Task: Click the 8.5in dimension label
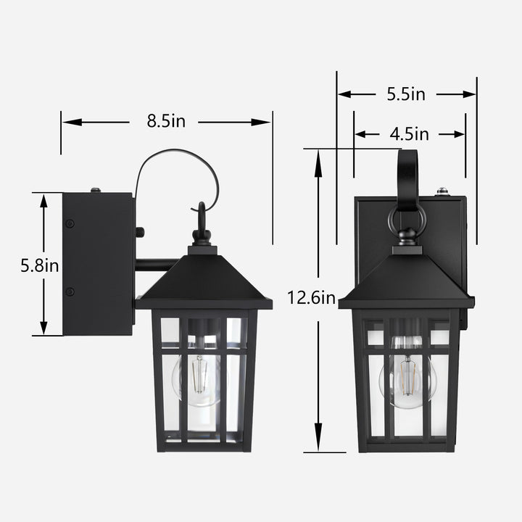(x=166, y=122)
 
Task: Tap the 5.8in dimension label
(x=39, y=266)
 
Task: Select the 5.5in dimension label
(x=405, y=94)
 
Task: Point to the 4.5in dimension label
(x=409, y=134)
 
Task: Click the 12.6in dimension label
(x=311, y=297)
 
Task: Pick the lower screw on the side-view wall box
(x=70, y=291)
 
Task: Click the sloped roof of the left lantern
(x=204, y=279)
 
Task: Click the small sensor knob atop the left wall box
(x=95, y=190)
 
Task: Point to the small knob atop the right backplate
(x=442, y=192)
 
